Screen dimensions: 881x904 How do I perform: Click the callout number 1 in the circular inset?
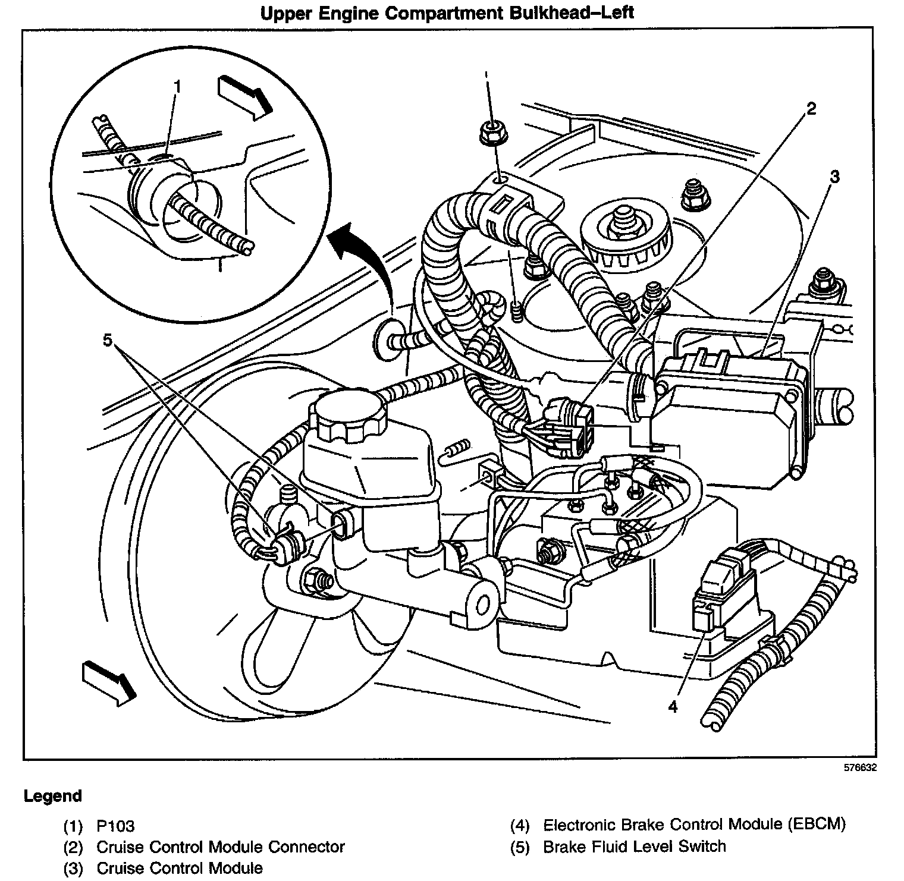point(176,87)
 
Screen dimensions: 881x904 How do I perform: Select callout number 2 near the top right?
point(811,108)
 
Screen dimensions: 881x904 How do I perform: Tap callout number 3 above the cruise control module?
point(834,177)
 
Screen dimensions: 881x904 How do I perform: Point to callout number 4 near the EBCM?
point(673,706)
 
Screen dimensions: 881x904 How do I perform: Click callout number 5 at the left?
point(107,340)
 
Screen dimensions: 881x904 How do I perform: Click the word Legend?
point(53,796)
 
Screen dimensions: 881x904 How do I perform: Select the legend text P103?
point(115,826)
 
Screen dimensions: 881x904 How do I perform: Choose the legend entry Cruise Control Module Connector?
point(220,847)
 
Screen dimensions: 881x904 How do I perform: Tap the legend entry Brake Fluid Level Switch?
point(634,847)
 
